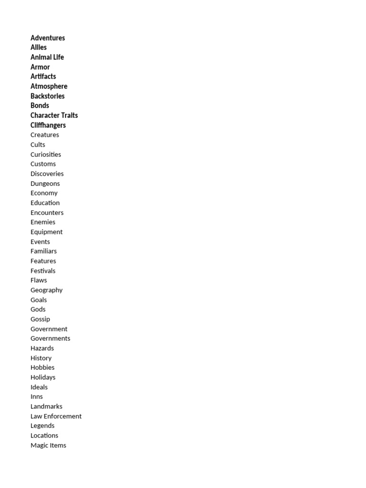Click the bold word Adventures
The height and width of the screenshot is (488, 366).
[48, 38]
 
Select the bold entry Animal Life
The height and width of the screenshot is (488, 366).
[47, 57]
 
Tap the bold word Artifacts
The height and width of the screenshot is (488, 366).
[43, 76]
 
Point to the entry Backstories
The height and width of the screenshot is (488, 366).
[48, 96]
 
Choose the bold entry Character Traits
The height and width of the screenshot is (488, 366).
[54, 115]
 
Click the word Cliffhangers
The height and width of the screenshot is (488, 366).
[48, 125]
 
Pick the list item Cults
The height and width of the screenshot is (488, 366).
[38, 144]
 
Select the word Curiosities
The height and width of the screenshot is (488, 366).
[46, 154]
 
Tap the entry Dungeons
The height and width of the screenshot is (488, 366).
[45, 183]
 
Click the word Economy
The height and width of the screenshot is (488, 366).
[44, 193]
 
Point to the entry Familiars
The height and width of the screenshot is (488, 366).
[43, 251]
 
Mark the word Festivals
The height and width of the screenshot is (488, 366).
[43, 271]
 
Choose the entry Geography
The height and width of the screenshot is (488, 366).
[46, 290]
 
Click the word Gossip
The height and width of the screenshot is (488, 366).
[40, 319]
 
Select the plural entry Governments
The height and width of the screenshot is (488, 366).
[50, 338]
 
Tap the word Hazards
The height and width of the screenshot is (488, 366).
[42, 348]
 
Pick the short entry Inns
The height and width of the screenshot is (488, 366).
[37, 396]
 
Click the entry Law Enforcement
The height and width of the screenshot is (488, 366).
[56, 416]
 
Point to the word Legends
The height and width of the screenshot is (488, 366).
[42, 426]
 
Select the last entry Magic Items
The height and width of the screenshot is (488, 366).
[48, 445]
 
